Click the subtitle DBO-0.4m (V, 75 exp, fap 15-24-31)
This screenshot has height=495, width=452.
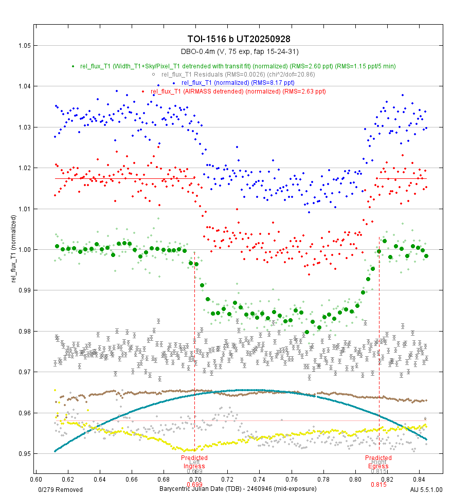(240, 52)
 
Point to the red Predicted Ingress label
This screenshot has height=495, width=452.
(194, 462)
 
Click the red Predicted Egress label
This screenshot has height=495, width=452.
(378, 462)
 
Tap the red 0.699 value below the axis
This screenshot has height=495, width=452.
(194, 485)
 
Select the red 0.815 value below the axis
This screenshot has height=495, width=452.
(378, 485)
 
